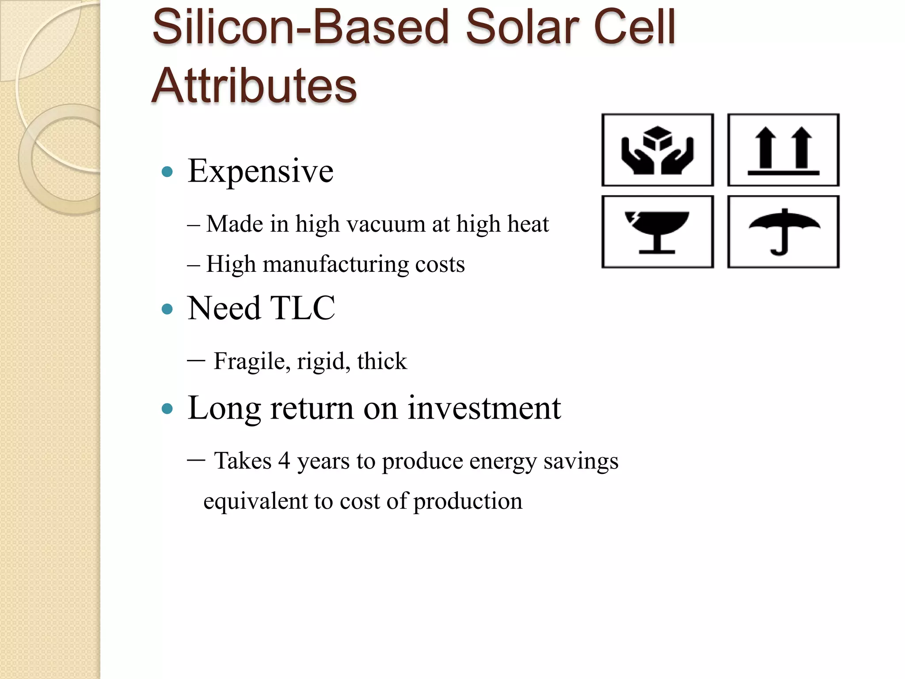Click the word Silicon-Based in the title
[x=300, y=27]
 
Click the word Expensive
[x=261, y=171]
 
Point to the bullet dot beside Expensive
[x=167, y=172]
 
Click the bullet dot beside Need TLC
[x=167, y=309]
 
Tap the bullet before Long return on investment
[x=167, y=408]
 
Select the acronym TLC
[x=302, y=308]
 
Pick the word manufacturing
[x=336, y=264]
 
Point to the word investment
[x=484, y=408]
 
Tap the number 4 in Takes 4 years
[x=284, y=461]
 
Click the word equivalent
[x=255, y=501]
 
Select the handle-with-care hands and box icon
[x=658, y=150]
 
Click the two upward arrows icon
[x=783, y=150]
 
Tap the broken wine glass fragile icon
[x=658, y=232]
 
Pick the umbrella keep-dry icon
[x=783, y=232]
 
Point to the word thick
[x=382, y=361]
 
